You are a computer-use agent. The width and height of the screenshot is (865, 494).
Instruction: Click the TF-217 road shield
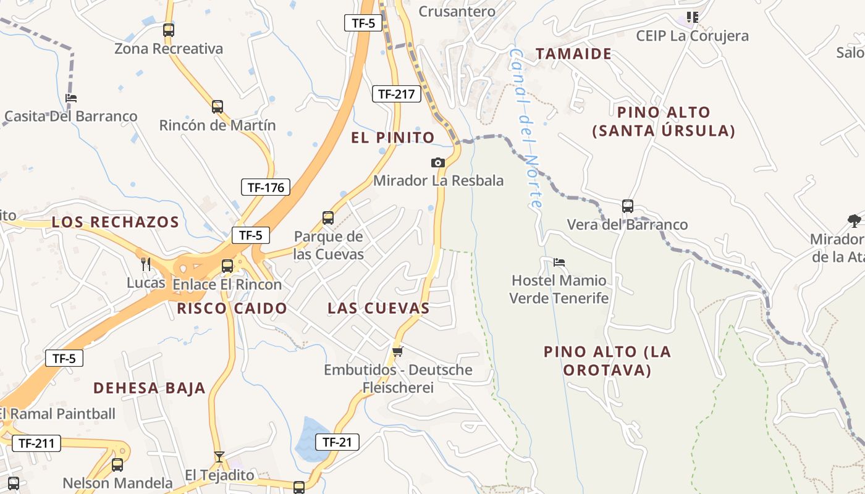(396, 94)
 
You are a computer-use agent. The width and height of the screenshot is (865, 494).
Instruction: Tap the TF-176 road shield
(265, 187)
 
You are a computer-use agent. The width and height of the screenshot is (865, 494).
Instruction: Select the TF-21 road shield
(337, 442)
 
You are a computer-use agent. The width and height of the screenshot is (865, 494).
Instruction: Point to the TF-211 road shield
(36, 443)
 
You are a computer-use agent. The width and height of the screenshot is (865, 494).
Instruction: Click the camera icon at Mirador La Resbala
(437, 162)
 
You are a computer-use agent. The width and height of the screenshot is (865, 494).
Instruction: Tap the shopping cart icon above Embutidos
(397, 351)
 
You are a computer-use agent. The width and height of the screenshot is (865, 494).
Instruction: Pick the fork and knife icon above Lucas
(146, 264)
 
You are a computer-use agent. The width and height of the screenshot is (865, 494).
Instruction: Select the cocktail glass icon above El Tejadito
(219, 457)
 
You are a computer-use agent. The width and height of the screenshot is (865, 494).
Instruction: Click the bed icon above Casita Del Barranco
(71, 98)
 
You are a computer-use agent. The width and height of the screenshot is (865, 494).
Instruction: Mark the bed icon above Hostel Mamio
(559, 262)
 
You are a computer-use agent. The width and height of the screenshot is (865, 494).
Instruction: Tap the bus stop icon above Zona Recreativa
(168, 30)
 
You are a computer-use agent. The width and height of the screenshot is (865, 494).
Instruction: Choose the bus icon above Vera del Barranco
(627, 206)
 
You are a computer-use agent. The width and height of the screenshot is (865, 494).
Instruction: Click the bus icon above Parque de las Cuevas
(328, 218)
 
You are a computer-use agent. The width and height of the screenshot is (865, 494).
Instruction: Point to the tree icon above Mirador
(854, 220)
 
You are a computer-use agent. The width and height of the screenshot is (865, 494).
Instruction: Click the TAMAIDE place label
(573, 54)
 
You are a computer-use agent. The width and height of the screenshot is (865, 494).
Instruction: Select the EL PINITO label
(393, 138)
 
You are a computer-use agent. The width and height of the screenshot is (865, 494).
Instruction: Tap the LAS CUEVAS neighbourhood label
(378, 308)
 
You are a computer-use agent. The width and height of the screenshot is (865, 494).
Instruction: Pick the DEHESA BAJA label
(149, 388)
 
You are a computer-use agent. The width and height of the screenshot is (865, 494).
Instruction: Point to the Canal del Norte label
(526, 128)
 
